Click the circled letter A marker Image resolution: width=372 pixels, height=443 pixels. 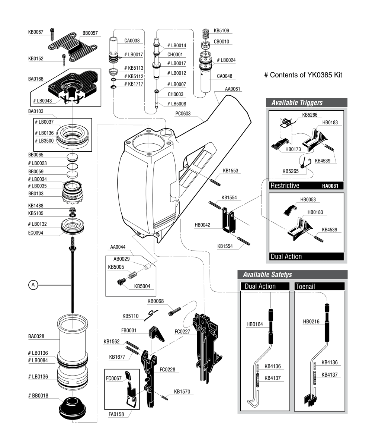(x=33, y=285)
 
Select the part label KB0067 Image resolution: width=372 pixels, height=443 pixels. (x=36, y=32)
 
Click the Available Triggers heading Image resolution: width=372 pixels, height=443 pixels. (x=296, y=103)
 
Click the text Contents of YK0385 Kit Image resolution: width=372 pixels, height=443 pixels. (x=303, y=75)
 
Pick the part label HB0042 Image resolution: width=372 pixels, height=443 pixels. (x=203, y=225)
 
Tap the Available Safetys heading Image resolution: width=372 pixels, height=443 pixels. (x=267, y=275)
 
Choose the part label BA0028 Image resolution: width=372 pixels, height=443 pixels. (x=36, y=336)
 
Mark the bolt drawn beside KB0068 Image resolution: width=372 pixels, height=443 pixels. (x=175, y=309)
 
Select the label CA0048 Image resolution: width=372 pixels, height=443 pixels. (x=224, y=76)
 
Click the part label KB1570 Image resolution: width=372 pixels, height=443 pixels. (x=182, y=392)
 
